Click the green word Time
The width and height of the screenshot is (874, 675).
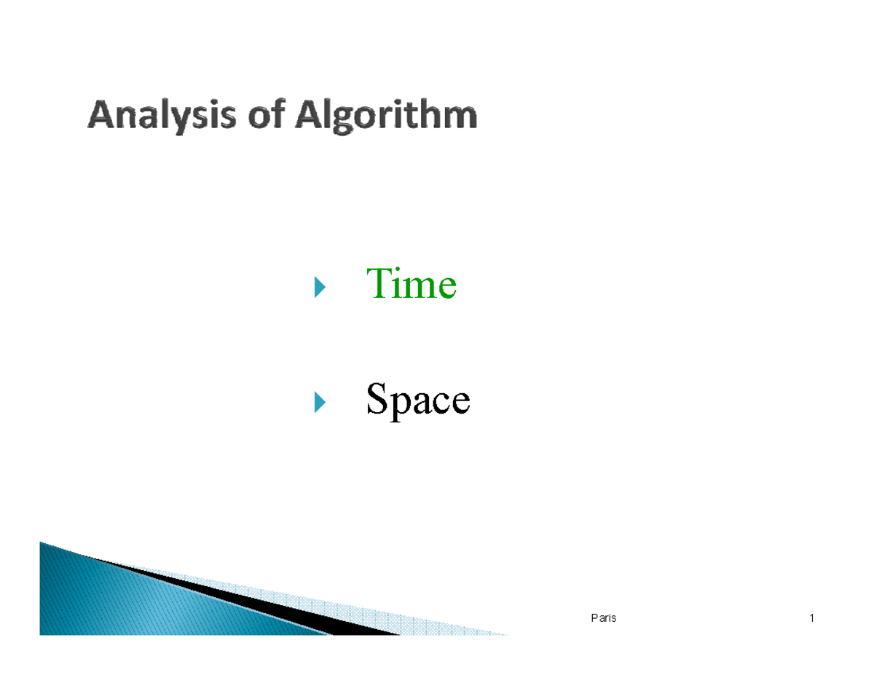(x=412, y=284)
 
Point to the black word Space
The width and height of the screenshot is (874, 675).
(x=417, y=400)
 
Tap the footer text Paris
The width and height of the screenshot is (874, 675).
(x=603, y=619)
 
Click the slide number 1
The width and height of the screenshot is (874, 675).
(x=811, y=619)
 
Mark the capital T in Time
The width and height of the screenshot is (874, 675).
(x=377, y=283)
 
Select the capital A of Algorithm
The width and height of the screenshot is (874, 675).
(x=308, y=117)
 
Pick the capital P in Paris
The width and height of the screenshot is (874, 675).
(x=594, y=619)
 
